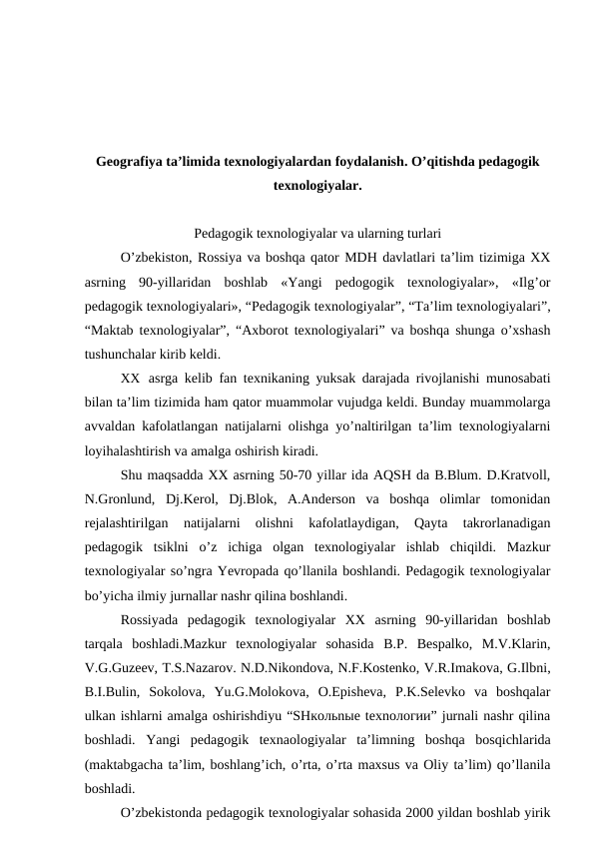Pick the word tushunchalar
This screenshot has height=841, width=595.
click(126, 354)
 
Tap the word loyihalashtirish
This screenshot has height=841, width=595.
click(136, 450)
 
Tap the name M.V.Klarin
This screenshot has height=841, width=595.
click(506, 643)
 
